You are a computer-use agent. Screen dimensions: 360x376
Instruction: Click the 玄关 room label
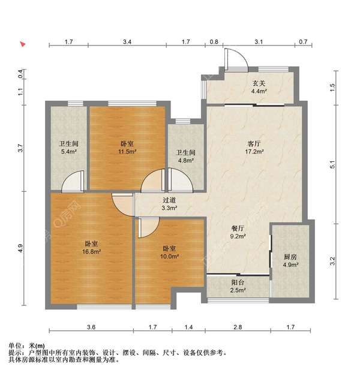point(259,83)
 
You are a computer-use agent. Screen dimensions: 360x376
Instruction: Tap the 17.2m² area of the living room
point(254,152)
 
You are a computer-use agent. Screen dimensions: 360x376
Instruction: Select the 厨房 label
point(290,257)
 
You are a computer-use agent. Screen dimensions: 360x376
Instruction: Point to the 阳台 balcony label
point(238,282)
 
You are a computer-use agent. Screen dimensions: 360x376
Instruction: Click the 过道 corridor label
point(169,200)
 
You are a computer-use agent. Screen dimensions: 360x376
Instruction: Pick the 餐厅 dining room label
point(238,228)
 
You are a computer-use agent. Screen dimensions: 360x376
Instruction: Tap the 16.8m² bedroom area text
point(91,251)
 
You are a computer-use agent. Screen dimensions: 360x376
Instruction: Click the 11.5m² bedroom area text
point(127,152)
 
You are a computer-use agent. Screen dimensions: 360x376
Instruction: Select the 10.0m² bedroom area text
point(169,256)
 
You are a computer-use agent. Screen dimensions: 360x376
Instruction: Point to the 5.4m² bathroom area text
point(69,152)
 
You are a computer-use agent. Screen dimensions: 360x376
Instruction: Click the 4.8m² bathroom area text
point(186,161)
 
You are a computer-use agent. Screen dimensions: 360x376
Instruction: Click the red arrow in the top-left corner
point(23,44)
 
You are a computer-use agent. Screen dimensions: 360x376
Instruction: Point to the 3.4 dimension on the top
point(127,42)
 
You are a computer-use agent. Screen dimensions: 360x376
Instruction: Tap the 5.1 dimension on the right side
point(332,164)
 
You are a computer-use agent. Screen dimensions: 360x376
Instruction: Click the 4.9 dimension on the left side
point(20,248)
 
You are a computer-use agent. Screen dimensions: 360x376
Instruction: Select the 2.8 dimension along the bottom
point(238,327)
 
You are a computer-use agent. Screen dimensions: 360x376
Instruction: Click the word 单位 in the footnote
point(15,345)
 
